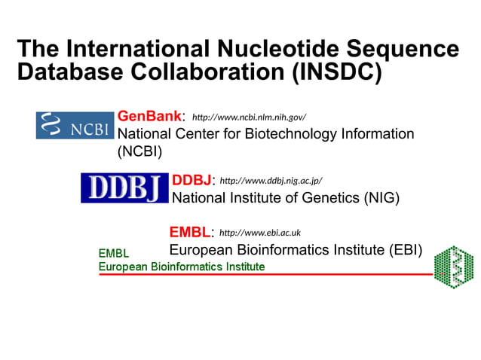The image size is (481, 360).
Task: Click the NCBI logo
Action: click(x=75, y=125)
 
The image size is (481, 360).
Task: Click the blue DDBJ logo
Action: click(x=124, y=188)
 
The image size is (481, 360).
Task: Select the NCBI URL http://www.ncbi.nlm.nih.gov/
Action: click(x=249, y=117)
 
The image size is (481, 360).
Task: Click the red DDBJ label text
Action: click(x=191, y=180)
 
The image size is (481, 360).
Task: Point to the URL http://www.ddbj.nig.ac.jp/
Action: click(x=271, y=181)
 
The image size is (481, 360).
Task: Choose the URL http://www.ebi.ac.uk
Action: click(x=260, y=233)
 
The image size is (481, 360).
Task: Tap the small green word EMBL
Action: click(x=114, y=254)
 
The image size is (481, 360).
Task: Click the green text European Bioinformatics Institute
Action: click(x=182, y=267)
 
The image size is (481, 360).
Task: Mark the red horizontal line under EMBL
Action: click(x=264, y=275)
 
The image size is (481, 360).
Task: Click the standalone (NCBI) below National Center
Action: click(x=139, y=151)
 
